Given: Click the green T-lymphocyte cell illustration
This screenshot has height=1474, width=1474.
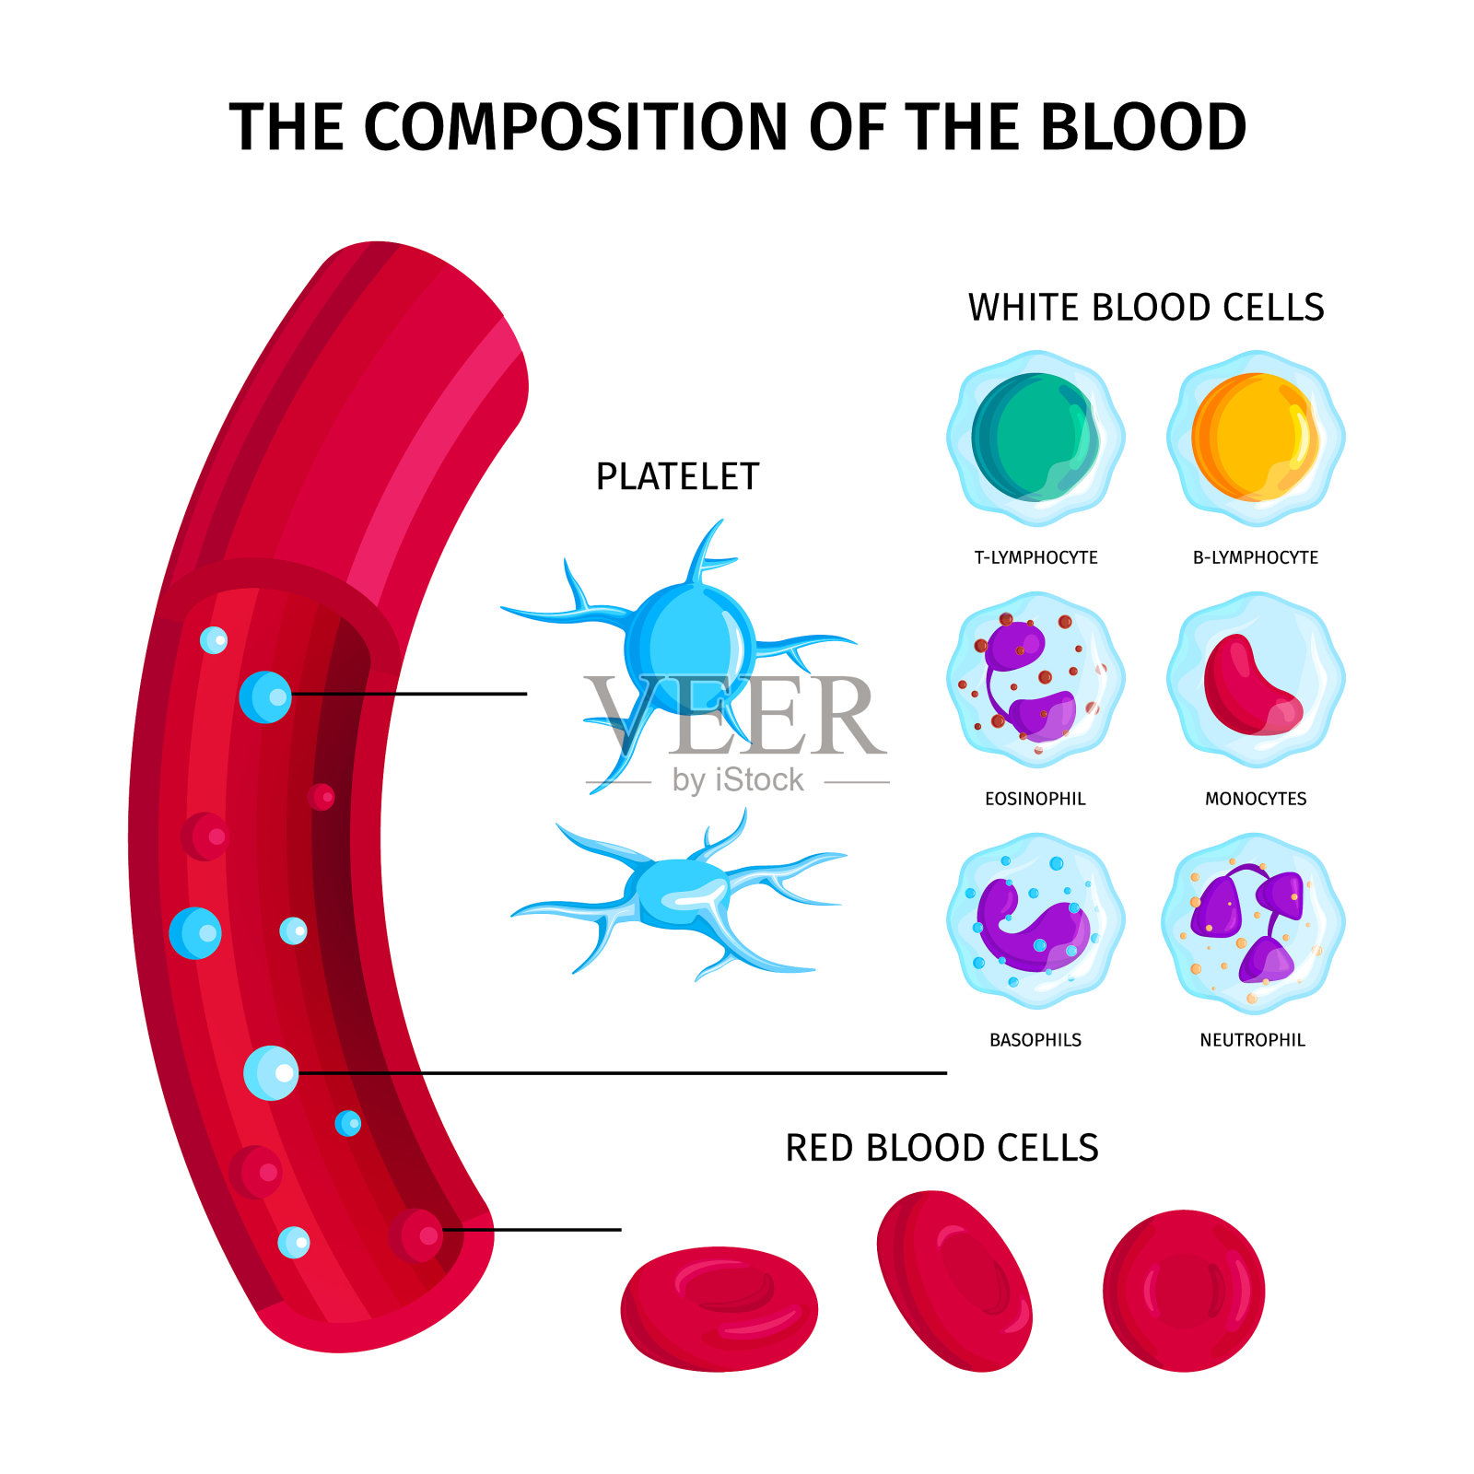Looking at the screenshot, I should pyautogui.click(x=1035, y=438).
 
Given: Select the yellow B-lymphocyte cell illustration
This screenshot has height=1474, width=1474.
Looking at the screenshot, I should pyautogui.click(x=1256, y=438).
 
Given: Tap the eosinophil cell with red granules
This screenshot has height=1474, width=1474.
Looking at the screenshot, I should pyautogui.click(x=1035, y=680).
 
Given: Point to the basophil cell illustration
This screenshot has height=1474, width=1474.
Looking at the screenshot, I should pyautogui.click(x=1035, y=921).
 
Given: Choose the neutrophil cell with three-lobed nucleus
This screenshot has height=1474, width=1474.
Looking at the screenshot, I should pyautogui.click(x=1253, y=921).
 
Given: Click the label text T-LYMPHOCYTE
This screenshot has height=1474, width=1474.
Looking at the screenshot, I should pyautogui.click(x=1035, y=557).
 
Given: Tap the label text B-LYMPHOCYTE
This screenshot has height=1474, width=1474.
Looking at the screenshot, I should pyautogui.click(x=1256, y=557).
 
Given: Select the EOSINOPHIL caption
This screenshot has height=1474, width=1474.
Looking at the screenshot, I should pyautogui.click(x=1035, y=799).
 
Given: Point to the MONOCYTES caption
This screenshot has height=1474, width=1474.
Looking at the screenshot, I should pyautogui.click(x=1256, y=799).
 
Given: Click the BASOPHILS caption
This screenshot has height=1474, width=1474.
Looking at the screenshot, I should pyautogui.click(x=1035, y=1040).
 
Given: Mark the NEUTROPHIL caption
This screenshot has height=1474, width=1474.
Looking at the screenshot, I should pyautogui.click(x=1253, y=1040).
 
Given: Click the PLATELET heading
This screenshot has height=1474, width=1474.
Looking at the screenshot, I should pyautogui.click(x=677, y=477).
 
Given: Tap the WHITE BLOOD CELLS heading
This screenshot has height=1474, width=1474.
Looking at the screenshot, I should pyautogui.click(x=1146, y=308).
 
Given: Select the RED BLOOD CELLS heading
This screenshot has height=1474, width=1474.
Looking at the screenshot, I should pyautogui.click(x=942, y=1148).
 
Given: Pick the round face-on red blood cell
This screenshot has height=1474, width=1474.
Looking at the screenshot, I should pyautogui.click(x=1184, y=1290).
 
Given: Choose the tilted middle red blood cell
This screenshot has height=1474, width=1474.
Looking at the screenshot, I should pyautogui.click(x=954, y=1281).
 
